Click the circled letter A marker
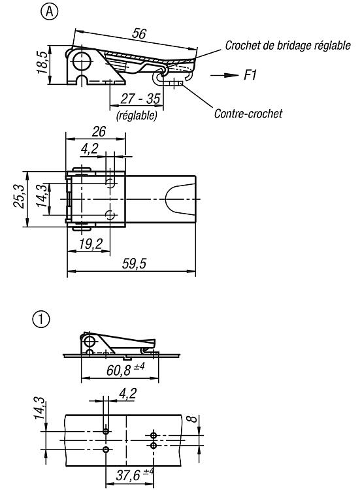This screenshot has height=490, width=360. [50, 12]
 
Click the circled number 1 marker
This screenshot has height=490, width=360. [41, 319]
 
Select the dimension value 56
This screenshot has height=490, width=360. [139, 33]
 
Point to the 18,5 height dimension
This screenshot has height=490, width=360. [42, 63]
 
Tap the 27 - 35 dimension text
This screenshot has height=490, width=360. [140, 99]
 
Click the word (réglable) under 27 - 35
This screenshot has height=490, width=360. [137, 116]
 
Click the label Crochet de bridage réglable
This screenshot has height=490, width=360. [288, 46]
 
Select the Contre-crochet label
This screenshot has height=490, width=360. [248, 113]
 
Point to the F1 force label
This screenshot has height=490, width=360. [250, 75]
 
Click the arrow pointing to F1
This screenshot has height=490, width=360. [224, 75]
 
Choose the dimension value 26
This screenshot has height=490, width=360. [99, 131]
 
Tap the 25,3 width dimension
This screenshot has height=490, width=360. [18, 196]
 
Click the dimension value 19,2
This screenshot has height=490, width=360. [91, 244]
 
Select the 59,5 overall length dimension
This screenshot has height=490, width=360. [134, 263]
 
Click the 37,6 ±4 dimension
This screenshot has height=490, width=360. [135, 475]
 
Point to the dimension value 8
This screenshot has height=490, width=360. [194, 419]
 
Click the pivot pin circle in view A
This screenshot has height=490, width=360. [81, 61]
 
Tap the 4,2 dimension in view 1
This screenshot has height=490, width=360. [128, 393]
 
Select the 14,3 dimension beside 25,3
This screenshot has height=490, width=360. [42, 196]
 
